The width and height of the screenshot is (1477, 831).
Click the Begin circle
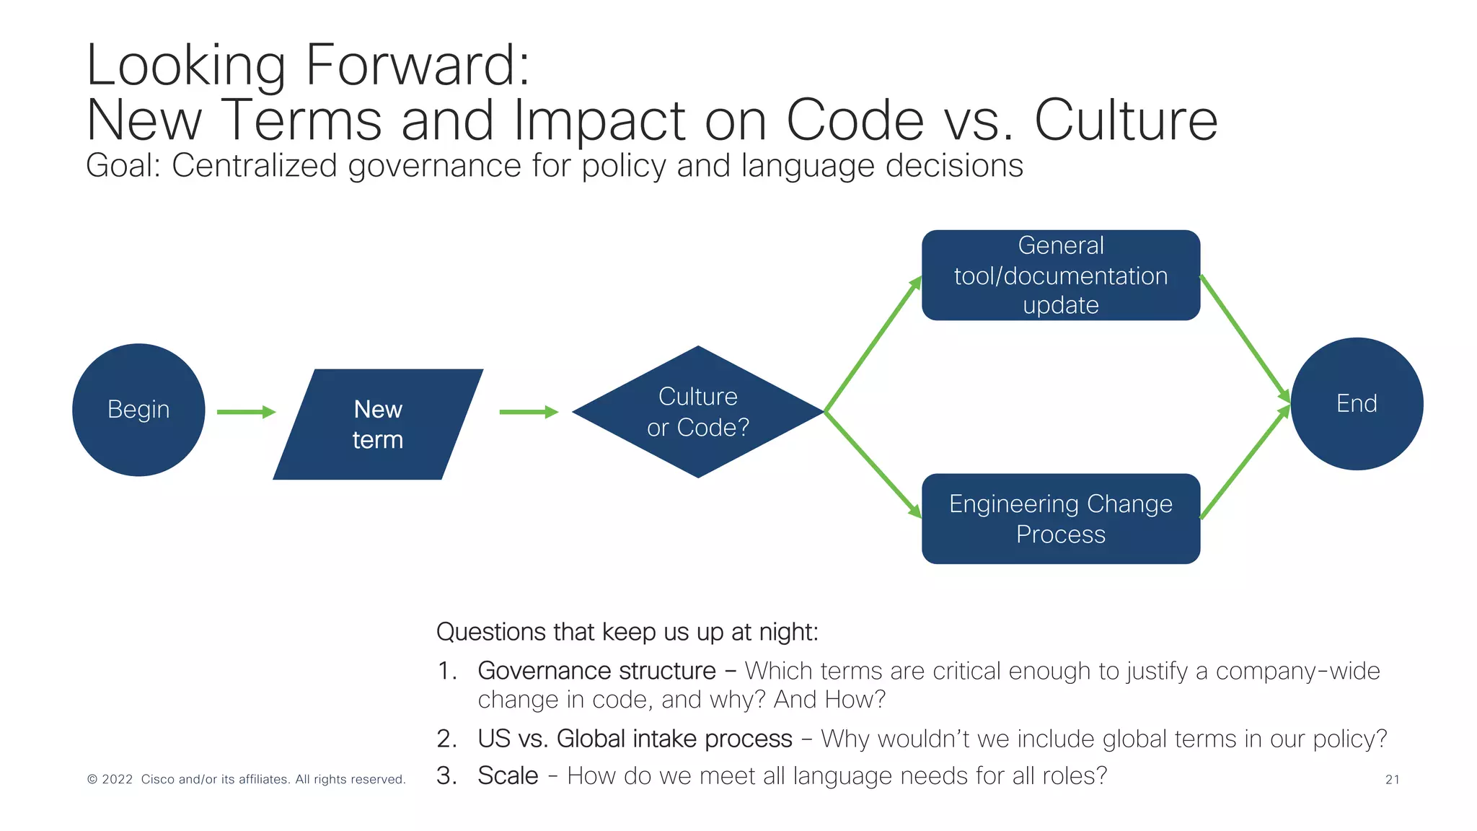(x=138, y=410)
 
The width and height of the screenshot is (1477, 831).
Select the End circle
(x=1357, y=404)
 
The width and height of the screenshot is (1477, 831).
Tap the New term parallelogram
(x=378, y=424)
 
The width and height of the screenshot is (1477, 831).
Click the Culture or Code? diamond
(x=698, y=412)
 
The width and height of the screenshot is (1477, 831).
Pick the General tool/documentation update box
(x=1061, y=276)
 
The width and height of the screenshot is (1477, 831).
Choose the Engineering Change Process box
(x=1061, y=519)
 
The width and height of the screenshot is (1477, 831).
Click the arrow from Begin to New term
(x=246, y=412)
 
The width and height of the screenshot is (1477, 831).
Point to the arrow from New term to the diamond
(x=529, y=412)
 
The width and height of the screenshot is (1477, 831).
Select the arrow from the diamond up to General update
(x=873, y=344)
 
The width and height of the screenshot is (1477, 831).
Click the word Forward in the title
(x=418, y=65)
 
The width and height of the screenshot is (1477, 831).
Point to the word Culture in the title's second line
(x=1126, y=120)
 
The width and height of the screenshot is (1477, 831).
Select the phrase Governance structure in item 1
(x=596, y=671)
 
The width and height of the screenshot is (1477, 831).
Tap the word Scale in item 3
(x=508, y=775)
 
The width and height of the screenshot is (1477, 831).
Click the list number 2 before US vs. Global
(x=446, y=739)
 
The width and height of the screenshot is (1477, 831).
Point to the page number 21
(x=1392, y=779)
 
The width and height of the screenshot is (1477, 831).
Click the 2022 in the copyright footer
(x=117, y=779)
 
